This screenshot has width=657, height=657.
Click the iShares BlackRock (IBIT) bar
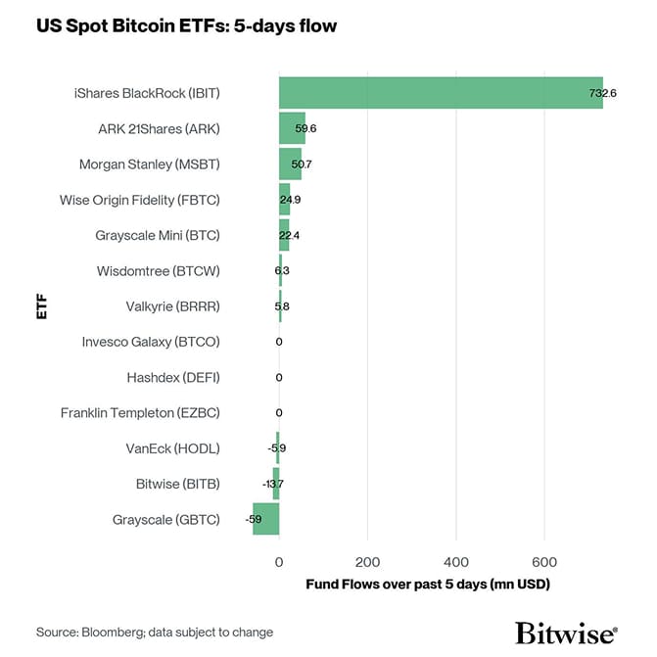pyautogui.click(x=441, y=93)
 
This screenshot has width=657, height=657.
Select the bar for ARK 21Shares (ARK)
pyautogui.click(x=292, y=128)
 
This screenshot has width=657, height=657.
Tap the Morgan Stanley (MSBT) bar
pyautogui.click(x=290, y=164)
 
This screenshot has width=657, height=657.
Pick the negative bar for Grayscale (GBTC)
pyautogui.click(x=266, y=519)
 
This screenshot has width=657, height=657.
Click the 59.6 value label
pyautogui.click(x=305, y=128)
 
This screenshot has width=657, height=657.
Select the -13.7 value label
pyautogui.click(x=273, y=484)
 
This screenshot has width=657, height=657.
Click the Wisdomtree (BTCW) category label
pyautogui.click(x=158, y=271)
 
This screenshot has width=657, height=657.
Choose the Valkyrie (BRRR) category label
pyautogui.click(x=172, y=306)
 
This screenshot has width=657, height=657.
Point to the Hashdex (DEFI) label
pyautogui.click(x=172, y=377)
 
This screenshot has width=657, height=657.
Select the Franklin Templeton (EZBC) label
pyautogui.click(x=140, y=413)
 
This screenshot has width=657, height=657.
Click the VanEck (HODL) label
pyautogui.click(x=172, y=448)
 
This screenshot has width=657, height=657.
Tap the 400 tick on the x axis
pyautogui.click(x=456, y=562)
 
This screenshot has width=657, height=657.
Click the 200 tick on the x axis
pyautogui.click(x=367, y=562)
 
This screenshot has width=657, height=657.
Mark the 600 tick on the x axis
pyautogui.click(x=544, y=562)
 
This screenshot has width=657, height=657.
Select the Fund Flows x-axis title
pyautogui.click(x=428, y=585)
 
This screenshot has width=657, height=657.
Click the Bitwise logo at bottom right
pyautogui.click(x=566, y=632)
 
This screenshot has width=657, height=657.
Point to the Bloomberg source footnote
pyautogui.click(x=155, y=633)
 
